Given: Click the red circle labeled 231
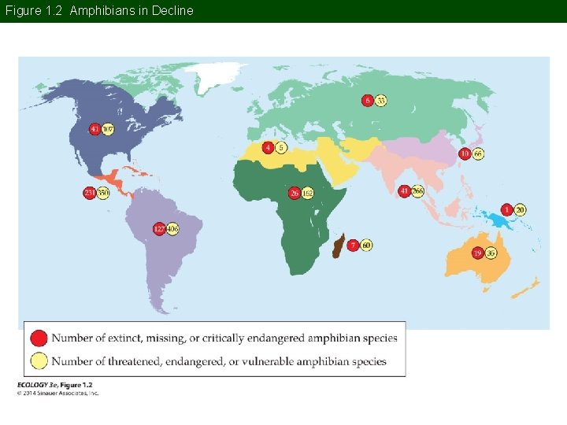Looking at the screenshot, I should tap(90, 193).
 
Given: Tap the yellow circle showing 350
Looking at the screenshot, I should tap(102, 193).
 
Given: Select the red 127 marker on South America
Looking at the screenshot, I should tap(159, 229).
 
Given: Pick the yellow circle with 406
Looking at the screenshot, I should tap(172, 229).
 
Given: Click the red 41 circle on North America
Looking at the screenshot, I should tap(95, 129).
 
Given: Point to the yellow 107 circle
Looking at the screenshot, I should tap(108, 129).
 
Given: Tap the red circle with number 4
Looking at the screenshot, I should tap(269, 147).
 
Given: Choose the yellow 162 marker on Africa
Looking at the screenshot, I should tap(307, 193).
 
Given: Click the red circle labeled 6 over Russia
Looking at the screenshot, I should tap(368, 100).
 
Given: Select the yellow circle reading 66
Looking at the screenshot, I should tap(478, 154).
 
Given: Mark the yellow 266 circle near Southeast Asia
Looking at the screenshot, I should tap(417, 191).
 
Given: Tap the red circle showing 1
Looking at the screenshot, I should tap(507, 209).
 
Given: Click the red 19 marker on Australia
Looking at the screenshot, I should tap(477, 253).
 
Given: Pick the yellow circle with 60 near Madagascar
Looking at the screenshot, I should tap(366, 245).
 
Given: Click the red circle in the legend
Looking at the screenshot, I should tap(39, 338).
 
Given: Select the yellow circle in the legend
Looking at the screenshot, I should tap(39, 361).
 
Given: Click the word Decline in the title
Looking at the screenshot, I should tap(172, 11).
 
